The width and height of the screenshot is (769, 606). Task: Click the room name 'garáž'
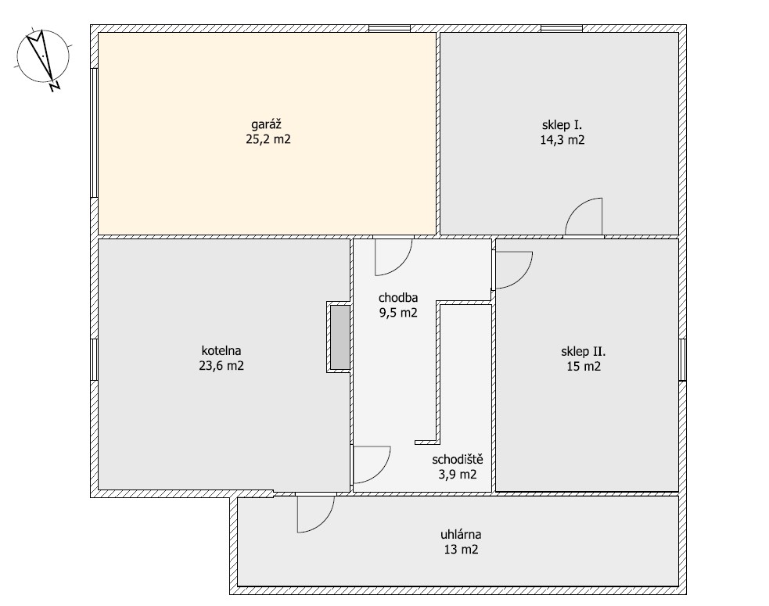click(266, 124)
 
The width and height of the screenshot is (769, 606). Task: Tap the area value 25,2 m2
click(268, 139)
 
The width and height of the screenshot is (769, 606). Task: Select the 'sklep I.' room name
click(562, 124)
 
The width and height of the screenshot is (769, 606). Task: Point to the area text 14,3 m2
click(562, 140)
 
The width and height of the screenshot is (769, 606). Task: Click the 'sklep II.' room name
click(583, 351)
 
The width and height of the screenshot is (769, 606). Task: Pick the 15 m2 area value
click(584, 366)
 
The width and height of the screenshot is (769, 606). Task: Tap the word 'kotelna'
click(221, 350)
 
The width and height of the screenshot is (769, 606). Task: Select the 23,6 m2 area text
click(221, 366)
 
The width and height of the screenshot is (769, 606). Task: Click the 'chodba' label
click(397, 298)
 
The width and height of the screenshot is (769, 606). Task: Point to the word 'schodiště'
click(458, 460)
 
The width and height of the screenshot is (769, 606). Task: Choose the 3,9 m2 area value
click(458, 475)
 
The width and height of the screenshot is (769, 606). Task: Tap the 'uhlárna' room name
click(461, 534)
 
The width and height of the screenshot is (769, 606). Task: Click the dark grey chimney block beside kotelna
click(340, 337)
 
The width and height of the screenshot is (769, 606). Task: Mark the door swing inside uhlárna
click(316, 514)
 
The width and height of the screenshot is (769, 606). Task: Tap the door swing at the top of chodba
click(393, 257)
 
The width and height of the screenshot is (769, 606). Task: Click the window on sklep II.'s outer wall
click(682, 360)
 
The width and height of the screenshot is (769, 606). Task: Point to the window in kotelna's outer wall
click(94, 360)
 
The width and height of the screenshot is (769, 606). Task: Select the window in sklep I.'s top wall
click(562, 28)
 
